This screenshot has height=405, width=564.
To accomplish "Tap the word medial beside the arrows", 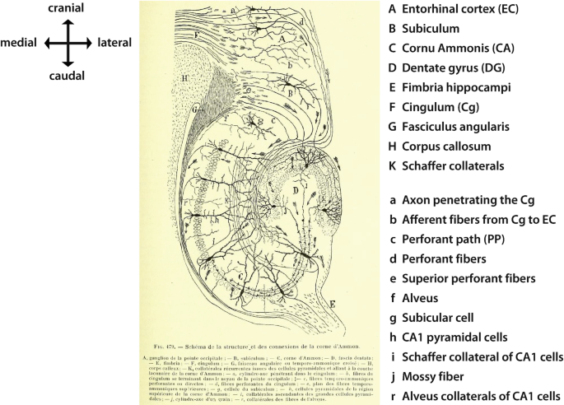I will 21,42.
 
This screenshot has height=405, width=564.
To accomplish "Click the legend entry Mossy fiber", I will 445,375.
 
